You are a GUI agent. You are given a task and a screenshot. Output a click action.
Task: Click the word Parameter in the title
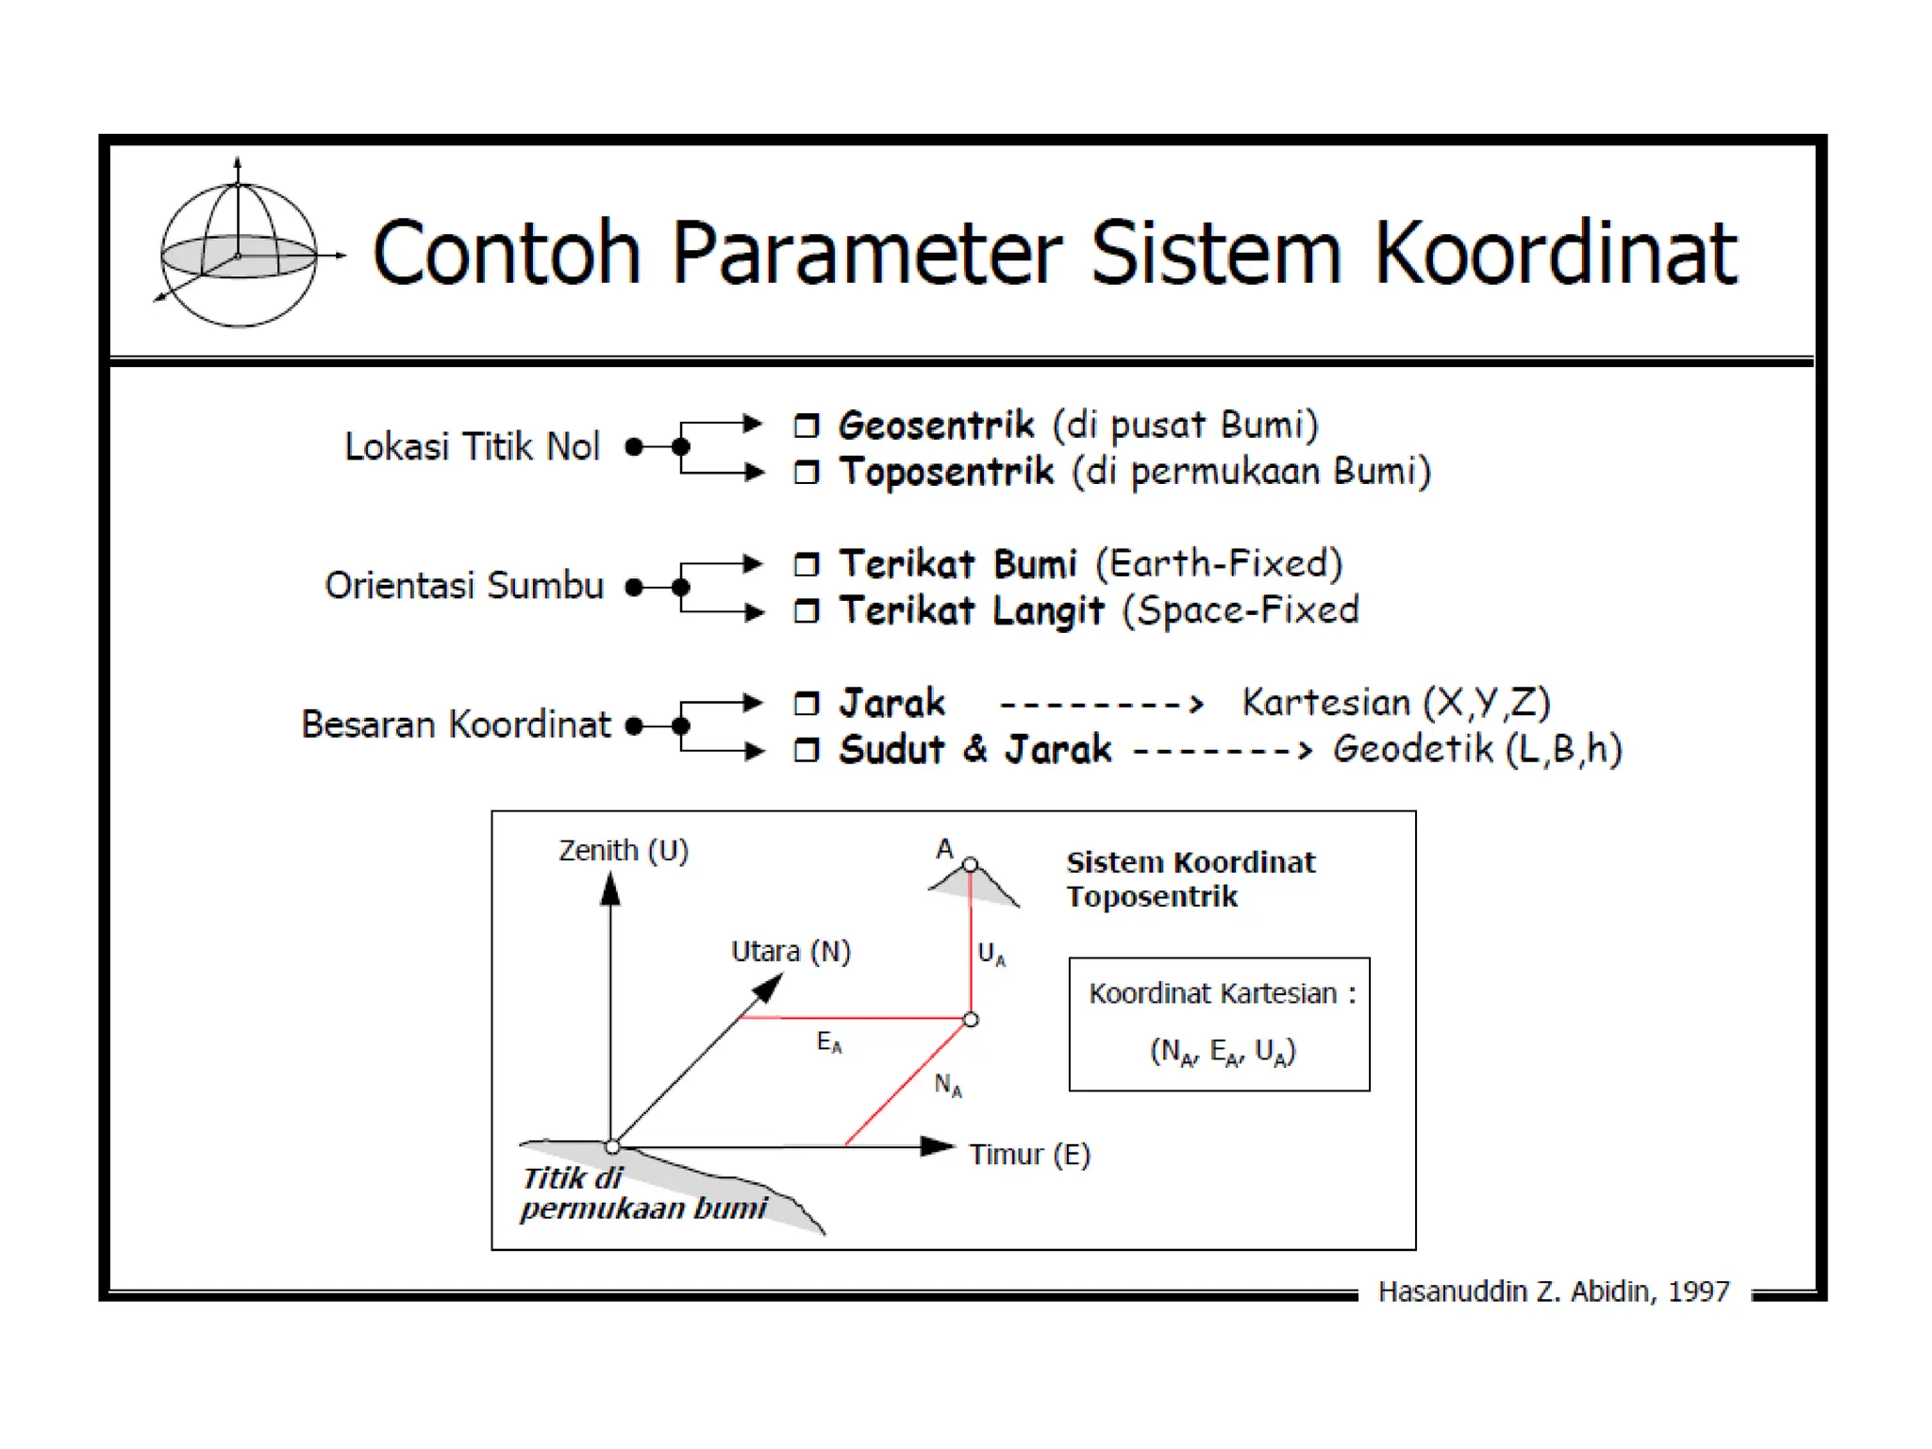tap(867, 253)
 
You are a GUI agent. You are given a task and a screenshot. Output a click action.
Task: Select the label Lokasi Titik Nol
tap(472, 446)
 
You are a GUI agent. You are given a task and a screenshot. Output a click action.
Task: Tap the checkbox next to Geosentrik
tap(807, 425)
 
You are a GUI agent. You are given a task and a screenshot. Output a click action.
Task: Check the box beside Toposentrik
tap(807, 472)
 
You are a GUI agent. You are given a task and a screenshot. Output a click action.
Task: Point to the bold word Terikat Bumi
tap(958, 564)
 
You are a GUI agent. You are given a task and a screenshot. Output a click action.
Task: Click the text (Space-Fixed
tap(1241, 610)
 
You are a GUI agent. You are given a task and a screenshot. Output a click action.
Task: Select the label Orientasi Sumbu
tap(464, 586)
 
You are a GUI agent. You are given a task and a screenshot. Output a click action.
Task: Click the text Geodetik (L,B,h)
tap(1477, 749)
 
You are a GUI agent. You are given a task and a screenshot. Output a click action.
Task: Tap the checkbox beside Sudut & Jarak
tap(807, 750)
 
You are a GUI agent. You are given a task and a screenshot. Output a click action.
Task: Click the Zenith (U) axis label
tap(624, 851)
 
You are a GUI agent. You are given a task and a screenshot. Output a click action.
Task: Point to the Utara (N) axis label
tap(791, 951)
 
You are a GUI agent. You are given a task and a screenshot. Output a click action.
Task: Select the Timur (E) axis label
tap(1029, 1155)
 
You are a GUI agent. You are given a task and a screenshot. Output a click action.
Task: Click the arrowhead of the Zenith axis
tap(610, 889)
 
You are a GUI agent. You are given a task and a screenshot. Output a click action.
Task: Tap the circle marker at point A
tap(971, 864)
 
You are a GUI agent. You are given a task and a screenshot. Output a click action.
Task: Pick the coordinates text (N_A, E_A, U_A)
tap(1223, 1051)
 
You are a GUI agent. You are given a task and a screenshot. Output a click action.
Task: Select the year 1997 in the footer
tap(1698, 1291)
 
